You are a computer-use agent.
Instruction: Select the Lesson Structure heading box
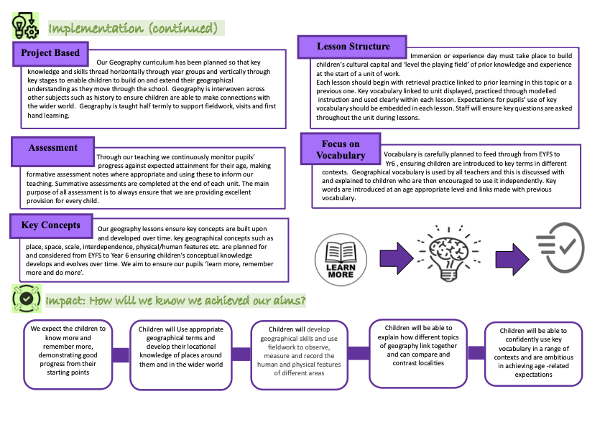tap(352, 47)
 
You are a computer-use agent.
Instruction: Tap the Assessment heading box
tap(52, 149)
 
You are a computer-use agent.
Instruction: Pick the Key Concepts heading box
tap(50, 225)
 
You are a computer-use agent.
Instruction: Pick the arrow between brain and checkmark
tap(509, 257)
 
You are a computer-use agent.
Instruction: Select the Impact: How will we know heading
tap(175, 299)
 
